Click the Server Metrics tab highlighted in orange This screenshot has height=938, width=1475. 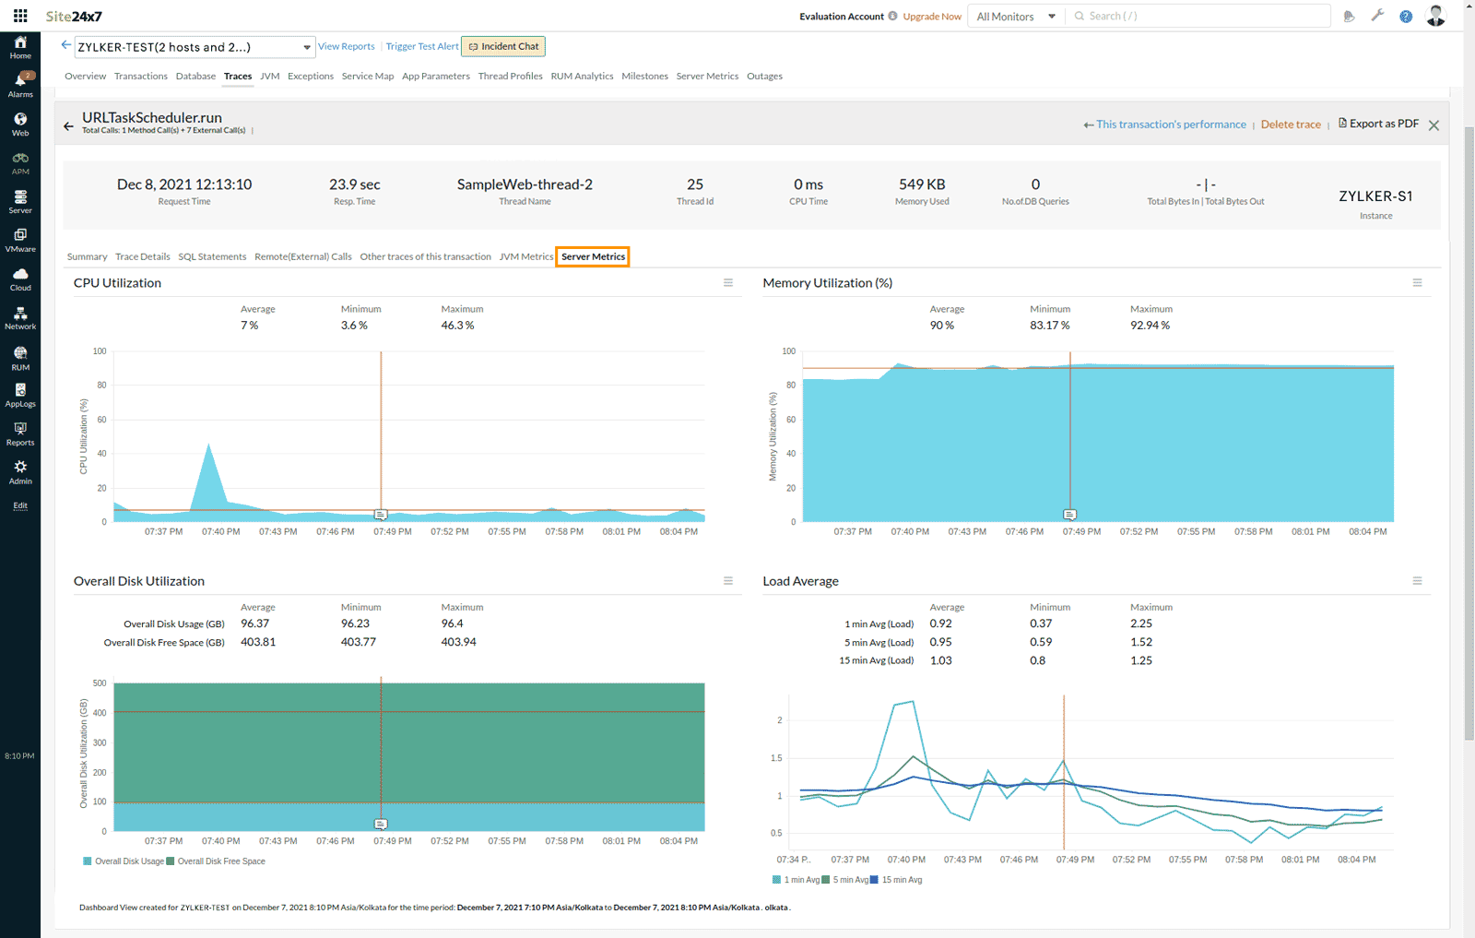click(x=593, y=256)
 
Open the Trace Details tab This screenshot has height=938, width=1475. click(x=142, y=256)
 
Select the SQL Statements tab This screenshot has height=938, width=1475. click(x=212, y=256)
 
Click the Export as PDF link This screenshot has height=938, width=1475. click(x=1379, y=124)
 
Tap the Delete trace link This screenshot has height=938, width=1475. click(x=1291, y=125)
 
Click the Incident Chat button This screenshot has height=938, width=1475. click(x=503, y=46)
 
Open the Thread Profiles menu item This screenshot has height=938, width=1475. click(x=510, y=77)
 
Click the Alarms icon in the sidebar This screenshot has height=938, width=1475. click(x=20, y=84)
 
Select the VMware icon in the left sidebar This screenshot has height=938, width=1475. click(x=20, y=239)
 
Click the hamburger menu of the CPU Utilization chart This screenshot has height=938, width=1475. click(x=728, y=283)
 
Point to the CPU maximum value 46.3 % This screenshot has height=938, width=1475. click(x=457, y=326)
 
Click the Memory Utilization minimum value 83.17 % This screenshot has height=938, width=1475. click(x=1049, y=326)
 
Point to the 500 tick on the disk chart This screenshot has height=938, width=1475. click(x=100, y=683)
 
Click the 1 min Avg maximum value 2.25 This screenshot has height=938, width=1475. click(x=1141, y=623)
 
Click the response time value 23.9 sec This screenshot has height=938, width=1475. click(x=355, y=184)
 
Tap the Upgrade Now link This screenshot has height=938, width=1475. click(x=932, y=17)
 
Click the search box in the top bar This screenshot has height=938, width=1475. click(x=1198, y=16)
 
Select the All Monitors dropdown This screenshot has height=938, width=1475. click(x=1015, y=17)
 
